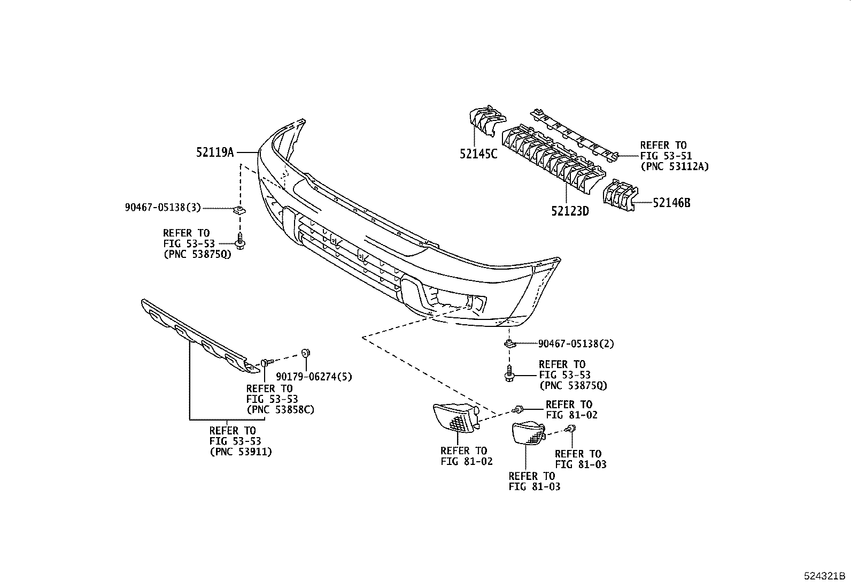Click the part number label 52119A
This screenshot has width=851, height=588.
[x=215, y=152]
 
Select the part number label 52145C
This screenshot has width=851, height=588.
[x=478, y=154]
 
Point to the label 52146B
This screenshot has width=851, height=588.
[x=671, y=203]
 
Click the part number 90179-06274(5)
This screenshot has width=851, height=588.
[x=314, y=377]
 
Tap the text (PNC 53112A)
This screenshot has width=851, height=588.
[x=674, y=166]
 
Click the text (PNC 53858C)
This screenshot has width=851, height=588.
[x=280, y=410]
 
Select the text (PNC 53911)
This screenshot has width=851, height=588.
[x=240, y=452]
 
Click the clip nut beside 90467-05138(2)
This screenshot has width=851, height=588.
[x=510, y=343]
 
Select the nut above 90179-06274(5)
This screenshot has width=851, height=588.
[x=306, y=353]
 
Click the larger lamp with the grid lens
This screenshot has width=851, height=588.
[x=455, y=416]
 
